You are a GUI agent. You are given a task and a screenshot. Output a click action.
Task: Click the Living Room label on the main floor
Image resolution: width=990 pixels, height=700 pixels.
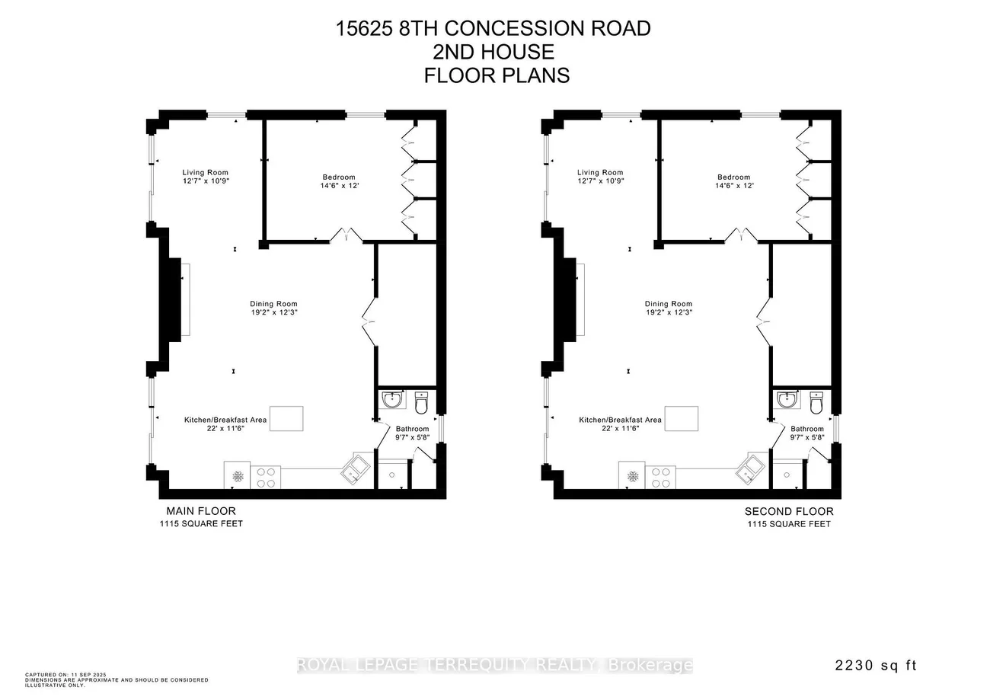point(206,172)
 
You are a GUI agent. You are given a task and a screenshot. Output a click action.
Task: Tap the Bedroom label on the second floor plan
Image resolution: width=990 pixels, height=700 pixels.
point(733,177)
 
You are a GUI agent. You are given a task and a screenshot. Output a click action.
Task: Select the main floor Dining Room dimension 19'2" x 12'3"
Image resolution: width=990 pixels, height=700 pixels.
point(274,312)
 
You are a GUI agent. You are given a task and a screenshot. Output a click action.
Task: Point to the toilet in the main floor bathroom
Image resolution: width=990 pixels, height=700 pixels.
point(421,403)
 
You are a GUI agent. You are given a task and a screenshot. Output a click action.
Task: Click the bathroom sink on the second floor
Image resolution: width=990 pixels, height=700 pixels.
point(787,399)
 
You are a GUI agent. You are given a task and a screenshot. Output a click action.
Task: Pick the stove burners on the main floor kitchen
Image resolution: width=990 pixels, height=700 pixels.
point(266,478)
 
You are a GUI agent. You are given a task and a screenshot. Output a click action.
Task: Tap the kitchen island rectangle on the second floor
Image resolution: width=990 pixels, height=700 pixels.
point(682,418)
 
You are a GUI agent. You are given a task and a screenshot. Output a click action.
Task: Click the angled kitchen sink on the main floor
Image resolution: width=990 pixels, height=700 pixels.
point(356,468)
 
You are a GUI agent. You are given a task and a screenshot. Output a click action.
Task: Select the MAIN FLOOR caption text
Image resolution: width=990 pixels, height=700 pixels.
point(201,511)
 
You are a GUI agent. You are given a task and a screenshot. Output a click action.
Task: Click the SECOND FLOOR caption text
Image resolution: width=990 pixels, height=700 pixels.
point(789,512)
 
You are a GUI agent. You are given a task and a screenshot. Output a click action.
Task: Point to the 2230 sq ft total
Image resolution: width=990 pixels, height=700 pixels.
point(876,666)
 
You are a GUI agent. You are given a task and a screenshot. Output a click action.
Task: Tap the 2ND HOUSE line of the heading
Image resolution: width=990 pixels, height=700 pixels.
point(493,52)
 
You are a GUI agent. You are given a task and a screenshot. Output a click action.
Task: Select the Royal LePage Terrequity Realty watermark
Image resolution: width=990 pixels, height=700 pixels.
point(495,665)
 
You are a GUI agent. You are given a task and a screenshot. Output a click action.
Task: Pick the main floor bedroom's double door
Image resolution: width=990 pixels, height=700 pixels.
point(346,235)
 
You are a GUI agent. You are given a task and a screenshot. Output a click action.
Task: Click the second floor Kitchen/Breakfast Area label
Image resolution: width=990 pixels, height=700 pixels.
point(620,420)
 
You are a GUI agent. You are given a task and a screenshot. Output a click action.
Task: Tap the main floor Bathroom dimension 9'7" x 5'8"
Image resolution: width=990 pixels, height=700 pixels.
point(412,437)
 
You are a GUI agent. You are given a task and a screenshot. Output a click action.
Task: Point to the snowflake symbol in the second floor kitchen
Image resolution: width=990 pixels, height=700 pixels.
point(633,477)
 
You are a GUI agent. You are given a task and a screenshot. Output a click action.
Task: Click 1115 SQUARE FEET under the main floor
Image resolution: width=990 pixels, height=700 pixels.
point(201,524)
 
